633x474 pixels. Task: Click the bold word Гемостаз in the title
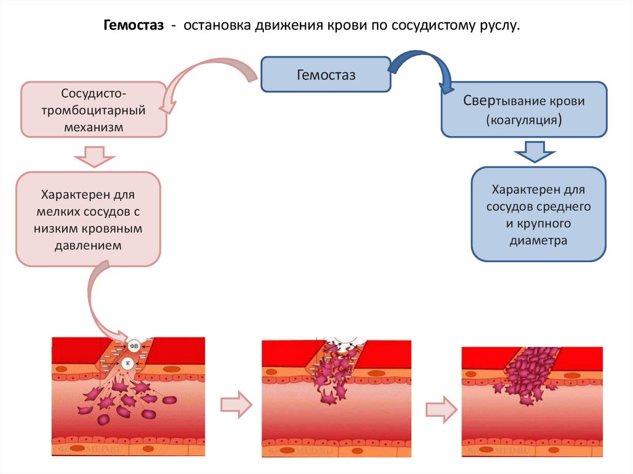(x=134, y=27)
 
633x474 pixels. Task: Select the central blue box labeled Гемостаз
(x=326, y=75)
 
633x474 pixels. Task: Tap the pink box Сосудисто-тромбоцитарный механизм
(x=94, y=109)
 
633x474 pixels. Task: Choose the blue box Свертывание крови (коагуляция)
(x=524, y=109)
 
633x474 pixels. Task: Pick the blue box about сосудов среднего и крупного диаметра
(x=538, y=214)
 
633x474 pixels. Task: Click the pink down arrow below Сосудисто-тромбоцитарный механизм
(x=93, y=156)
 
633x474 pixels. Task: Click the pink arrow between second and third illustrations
(x=441, y=408)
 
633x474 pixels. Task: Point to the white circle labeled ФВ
(x=135, y=345)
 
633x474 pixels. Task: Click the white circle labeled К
(x=128, y=363)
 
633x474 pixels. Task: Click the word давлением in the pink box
(x=92, y=245)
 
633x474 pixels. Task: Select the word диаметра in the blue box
(x=538, y=240)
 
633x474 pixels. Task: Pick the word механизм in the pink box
(x=94, y=127)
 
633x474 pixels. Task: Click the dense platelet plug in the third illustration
(x=529, y=374)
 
